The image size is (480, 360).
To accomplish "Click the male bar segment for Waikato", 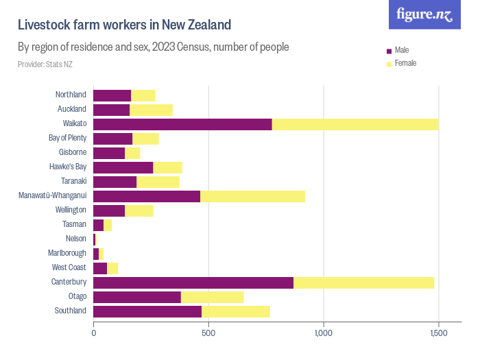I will click(x=182, y=124).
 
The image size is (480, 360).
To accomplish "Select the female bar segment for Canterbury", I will click(x=363, y=283).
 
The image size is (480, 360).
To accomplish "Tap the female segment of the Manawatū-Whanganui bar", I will click(x=252, y=196).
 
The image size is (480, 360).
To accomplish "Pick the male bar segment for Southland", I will click(x=147, y=311).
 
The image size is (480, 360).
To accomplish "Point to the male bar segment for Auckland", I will click(x=111, y=110).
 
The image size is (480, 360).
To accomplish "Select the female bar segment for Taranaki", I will click(x=158, y=182).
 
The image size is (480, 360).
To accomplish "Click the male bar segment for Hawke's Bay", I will click(x=123, y=167).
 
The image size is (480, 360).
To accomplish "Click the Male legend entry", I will click(x=402, y=51).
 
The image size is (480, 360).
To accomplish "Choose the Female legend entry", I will click(x=405, y=63).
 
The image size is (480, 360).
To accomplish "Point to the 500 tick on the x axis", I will click(x=208, y=333).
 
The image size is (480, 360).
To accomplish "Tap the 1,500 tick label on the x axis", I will click(x=438, y=333).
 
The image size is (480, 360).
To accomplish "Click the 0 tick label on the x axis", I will click(x=94, y=333).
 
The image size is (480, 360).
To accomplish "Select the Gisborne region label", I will click(x=71, y=152).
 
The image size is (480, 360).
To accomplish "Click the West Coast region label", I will click(x=69, y=267).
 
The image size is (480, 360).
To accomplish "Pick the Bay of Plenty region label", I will click(x=67, y=138).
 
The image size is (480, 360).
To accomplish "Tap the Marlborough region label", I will click(x=68, y=253).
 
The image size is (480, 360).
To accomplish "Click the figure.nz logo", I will click(x=425, y=14).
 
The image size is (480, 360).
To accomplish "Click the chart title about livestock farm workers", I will click(x=124, y=25).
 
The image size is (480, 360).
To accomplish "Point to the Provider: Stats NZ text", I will click(x=45, y=64).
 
